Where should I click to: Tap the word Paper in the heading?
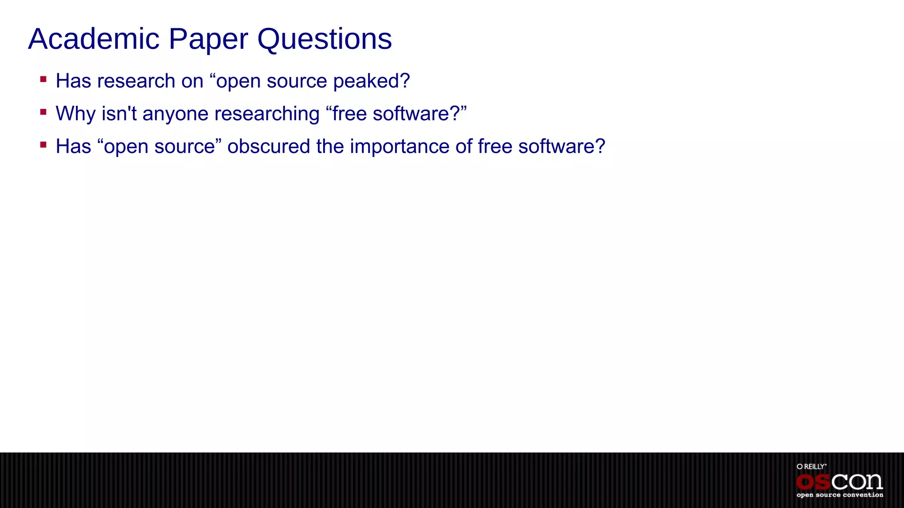coord(208,39)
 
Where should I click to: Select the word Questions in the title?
coord(324,39)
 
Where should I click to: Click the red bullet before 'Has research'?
coord(43,80)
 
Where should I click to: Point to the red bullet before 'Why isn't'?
coord(43,112)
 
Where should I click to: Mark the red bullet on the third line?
coord(43,145)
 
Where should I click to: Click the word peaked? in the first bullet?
coord(371,81)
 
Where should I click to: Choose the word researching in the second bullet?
coord(267,114)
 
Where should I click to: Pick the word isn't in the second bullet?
coord(119,114)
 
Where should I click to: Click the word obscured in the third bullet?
coord(268,146)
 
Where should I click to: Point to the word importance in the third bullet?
coord(399,146)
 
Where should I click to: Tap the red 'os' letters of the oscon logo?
coord(813,482)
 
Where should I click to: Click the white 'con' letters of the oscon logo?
coord(857,482)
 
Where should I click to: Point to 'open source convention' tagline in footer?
coord(840,495)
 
